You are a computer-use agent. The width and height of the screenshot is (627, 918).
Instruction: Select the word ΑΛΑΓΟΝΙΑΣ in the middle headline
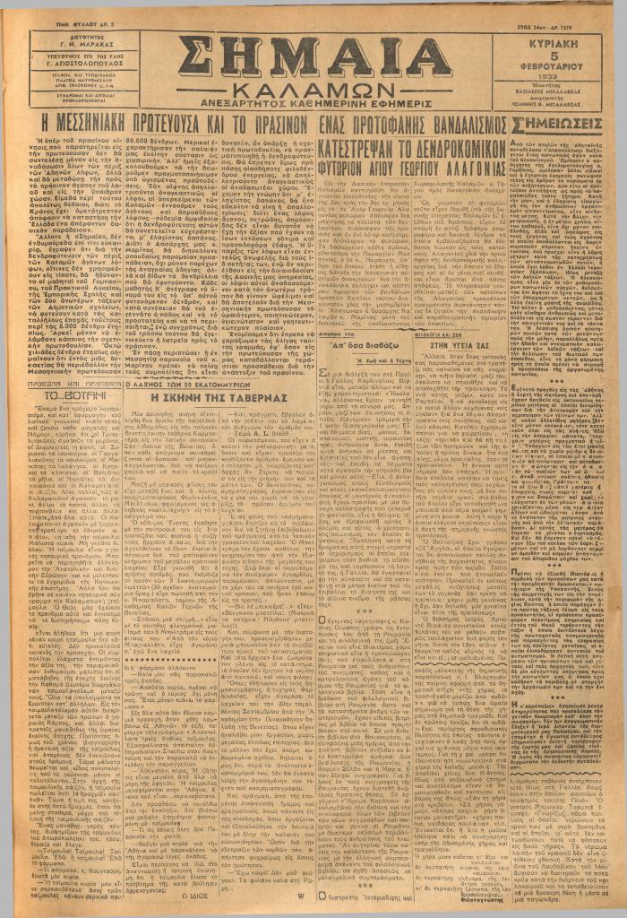pos(462,157)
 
